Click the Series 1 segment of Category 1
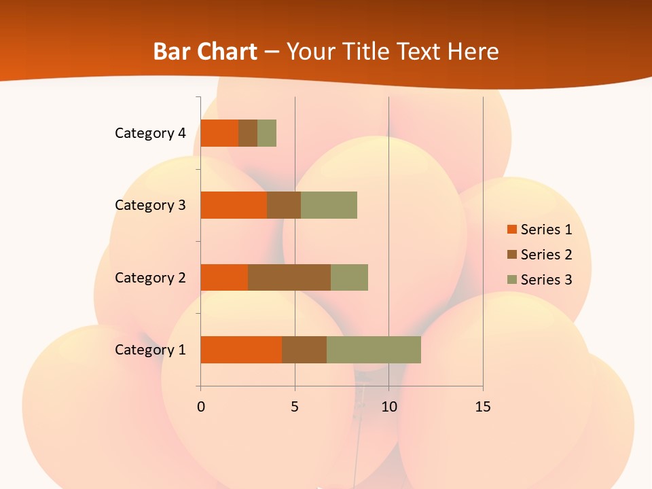pos(241,350)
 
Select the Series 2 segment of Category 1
pos(304,350)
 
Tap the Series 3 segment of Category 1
pos(374,350)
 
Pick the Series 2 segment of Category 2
pos(289,277)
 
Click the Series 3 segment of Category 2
pos(349,277)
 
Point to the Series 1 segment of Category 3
pos(234,205)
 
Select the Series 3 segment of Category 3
pos(329,205)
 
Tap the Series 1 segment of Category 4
pos(219,133)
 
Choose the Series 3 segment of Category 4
pos(267,133)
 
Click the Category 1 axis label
pos(150,350)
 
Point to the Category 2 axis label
pos(150,277)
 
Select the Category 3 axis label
pos(150,205)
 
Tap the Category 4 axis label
pos(150,133)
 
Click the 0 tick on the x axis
pos(200,407)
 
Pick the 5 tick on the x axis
pos(295,407)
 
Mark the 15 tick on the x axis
pos(483,407)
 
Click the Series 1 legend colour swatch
pos(511,230)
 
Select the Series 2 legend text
pos(547,255)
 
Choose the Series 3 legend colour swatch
pos(511,280)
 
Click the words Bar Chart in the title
pos(205,52)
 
